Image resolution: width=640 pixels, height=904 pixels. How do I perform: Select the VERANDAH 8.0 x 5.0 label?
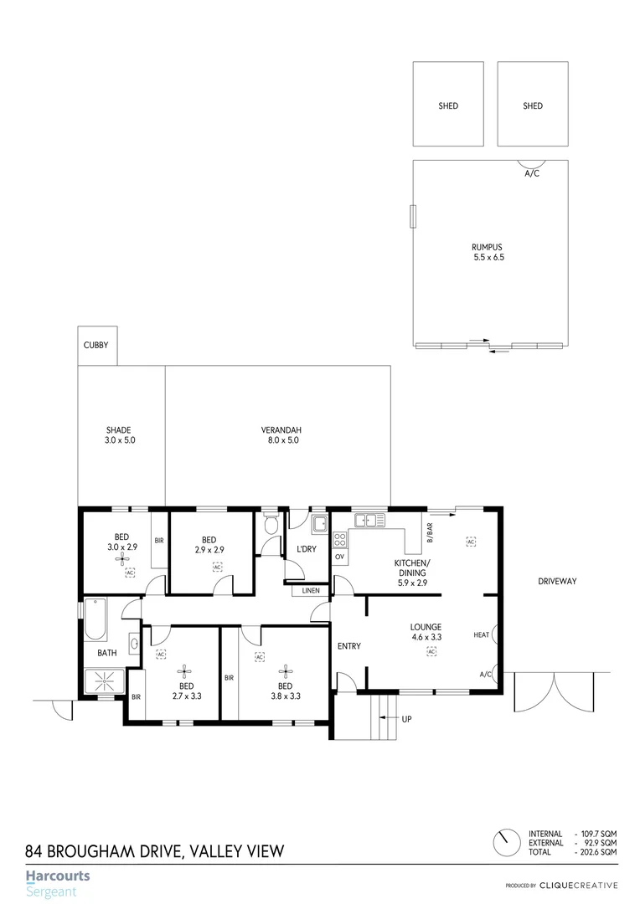point(280,435)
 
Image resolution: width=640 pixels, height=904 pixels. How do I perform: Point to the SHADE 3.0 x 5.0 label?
point(119,435)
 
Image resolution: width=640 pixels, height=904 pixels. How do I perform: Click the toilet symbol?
point(270,526)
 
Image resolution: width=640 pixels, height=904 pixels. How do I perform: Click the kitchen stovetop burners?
point(340,538)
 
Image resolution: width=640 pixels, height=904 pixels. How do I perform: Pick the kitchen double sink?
point(368,521)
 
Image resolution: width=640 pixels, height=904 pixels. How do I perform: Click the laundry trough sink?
point(319,525)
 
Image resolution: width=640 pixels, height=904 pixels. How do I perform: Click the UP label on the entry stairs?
point(407,719)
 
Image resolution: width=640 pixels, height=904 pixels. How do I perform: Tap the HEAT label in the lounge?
point(481,635)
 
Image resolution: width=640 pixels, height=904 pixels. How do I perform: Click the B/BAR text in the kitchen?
point(429,531)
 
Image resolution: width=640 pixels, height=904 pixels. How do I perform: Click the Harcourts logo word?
point(58,876)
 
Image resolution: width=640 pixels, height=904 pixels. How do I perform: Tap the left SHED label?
point(448,106)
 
